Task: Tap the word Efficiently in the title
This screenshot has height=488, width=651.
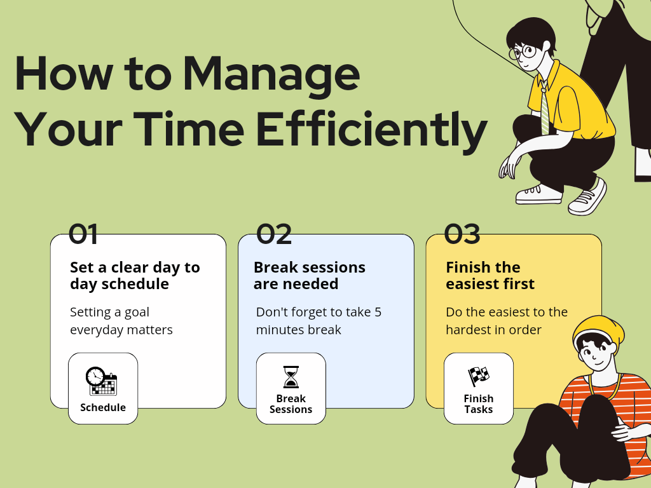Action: point(371,130)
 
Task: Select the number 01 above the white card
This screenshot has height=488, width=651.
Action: point(83,234)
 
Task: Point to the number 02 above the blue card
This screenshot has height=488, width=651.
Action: point(274,234)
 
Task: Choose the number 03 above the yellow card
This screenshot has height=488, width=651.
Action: point(462,234)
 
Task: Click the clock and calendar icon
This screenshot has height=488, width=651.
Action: point(102,381)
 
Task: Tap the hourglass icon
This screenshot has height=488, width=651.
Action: point(291,377)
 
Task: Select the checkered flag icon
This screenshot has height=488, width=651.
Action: point(479,376)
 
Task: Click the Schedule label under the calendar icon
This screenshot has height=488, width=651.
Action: point(103,407)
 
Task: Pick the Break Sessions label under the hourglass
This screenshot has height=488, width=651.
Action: point(291,404)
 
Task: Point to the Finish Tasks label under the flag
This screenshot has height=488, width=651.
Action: point(479,404)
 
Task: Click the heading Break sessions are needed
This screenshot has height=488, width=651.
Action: point(310,276)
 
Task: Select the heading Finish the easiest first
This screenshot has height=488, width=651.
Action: point(490,276)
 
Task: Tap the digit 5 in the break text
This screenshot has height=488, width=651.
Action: point(378,312)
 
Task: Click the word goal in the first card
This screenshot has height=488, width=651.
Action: point(137,313)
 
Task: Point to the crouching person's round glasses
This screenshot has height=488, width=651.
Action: point(523,53)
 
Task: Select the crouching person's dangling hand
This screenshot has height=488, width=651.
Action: point(509,165)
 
